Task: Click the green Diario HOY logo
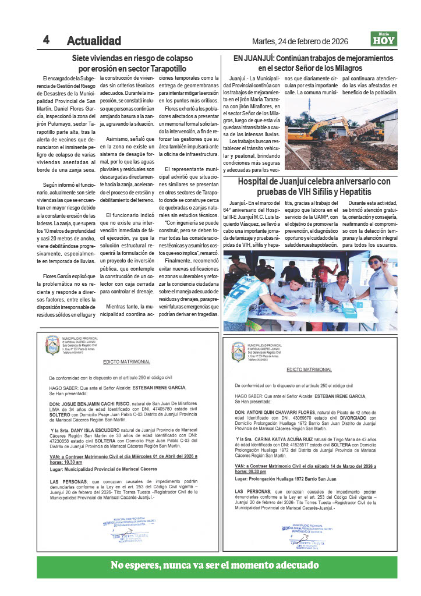tap(384, 39)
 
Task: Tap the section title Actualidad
tap(94, 41)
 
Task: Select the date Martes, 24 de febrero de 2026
tap(299, 41)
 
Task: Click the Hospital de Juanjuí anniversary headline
tap(314, 186)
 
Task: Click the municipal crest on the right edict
tap(238, 352)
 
